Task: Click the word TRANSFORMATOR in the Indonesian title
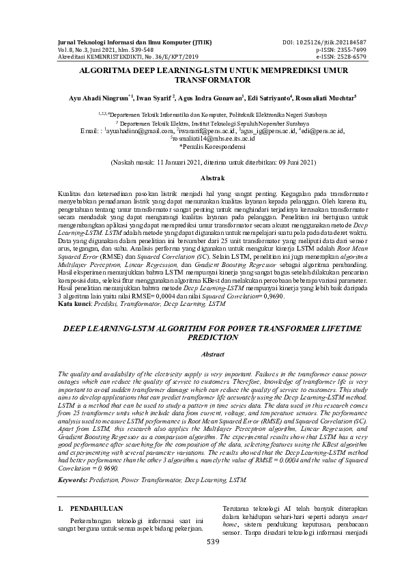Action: point(203,79)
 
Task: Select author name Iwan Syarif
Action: point(155,98)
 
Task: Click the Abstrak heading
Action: point(203,178)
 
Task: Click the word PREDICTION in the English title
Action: point(203,337)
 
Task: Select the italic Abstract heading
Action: point(203,355)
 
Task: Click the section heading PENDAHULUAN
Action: point(93,509)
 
